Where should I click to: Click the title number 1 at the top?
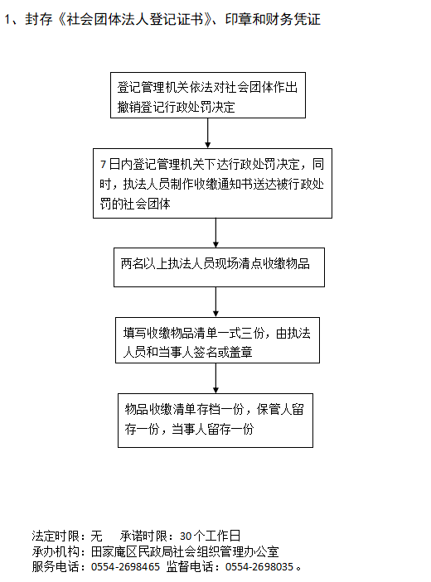[7, 19]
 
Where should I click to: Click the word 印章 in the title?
[238, 19]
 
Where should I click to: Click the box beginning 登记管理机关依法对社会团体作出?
[208, 95]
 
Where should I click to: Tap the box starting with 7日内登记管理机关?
[212, 183]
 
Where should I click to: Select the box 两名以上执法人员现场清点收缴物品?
[219, 267]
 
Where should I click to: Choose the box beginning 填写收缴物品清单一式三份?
[217, 340]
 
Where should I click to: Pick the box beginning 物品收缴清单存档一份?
[215, 421]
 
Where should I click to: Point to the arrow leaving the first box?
[208, 133]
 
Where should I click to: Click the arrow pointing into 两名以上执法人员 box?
[215, 233]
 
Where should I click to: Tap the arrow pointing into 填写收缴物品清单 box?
[215, 302]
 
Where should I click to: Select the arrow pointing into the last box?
[215, 378]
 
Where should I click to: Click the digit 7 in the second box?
[104, 165]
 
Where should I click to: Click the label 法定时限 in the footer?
[56, 536]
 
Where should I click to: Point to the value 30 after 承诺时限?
[186, 536]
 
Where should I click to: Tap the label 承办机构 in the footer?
[56, 551]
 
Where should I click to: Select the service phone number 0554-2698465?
[125, 567]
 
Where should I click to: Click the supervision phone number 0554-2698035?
[259, 567]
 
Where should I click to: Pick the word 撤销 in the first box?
[129, 107]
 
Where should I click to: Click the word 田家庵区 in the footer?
[114, 551]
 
